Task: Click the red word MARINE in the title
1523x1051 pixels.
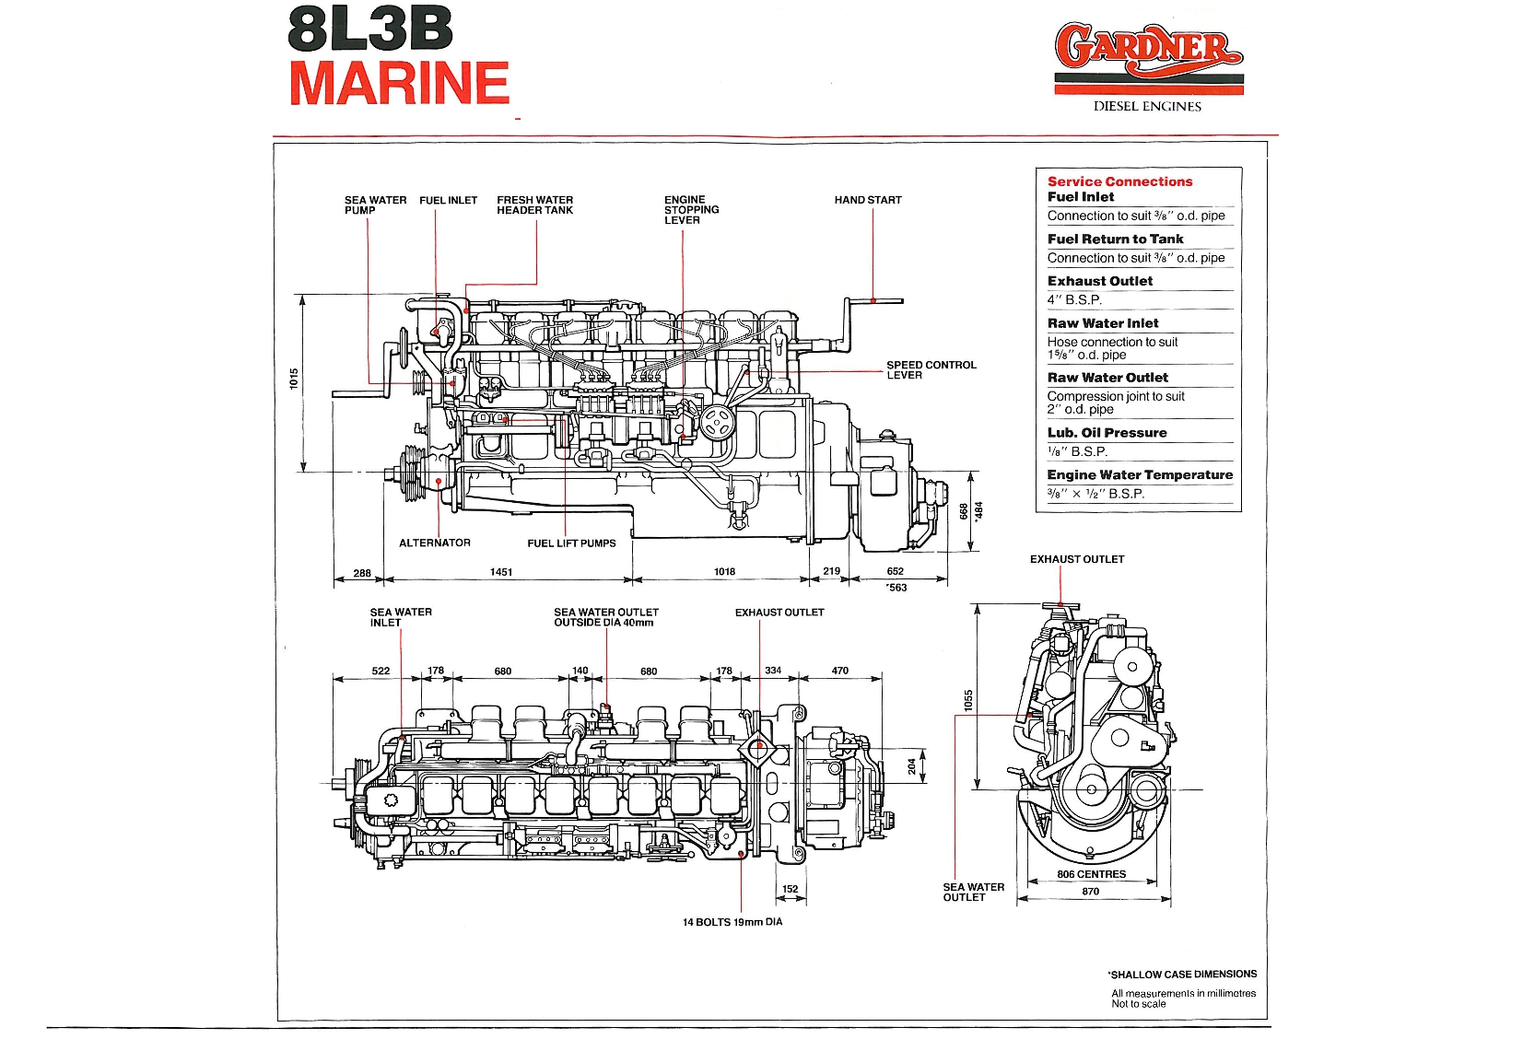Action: point(399,83)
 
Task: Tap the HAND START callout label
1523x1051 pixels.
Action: point(868,200)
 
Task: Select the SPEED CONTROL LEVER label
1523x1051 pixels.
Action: point(931,369)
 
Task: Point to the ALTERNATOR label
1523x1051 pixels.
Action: point(434,543)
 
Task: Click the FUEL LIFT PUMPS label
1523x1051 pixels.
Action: point(571,543)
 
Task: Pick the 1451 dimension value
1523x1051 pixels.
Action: point(501,572)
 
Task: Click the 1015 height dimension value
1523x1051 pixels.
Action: point(294,379)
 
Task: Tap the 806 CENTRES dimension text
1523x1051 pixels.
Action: point(1091,874)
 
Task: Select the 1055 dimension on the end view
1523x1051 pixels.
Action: point(967,701)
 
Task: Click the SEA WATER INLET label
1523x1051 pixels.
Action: point(401,617)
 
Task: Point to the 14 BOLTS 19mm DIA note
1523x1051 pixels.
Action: point(732,922)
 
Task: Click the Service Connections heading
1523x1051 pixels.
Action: point(1119,181)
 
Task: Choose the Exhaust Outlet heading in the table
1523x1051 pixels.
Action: point(1099,281)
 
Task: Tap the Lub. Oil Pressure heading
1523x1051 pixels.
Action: point(1107,433)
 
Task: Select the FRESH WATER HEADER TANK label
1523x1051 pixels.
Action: point(534,204)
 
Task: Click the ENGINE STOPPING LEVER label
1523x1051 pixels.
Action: point(691,210)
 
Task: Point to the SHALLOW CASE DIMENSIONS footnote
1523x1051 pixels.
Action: point(1183,974)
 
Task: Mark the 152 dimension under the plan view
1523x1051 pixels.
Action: point(790,890)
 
